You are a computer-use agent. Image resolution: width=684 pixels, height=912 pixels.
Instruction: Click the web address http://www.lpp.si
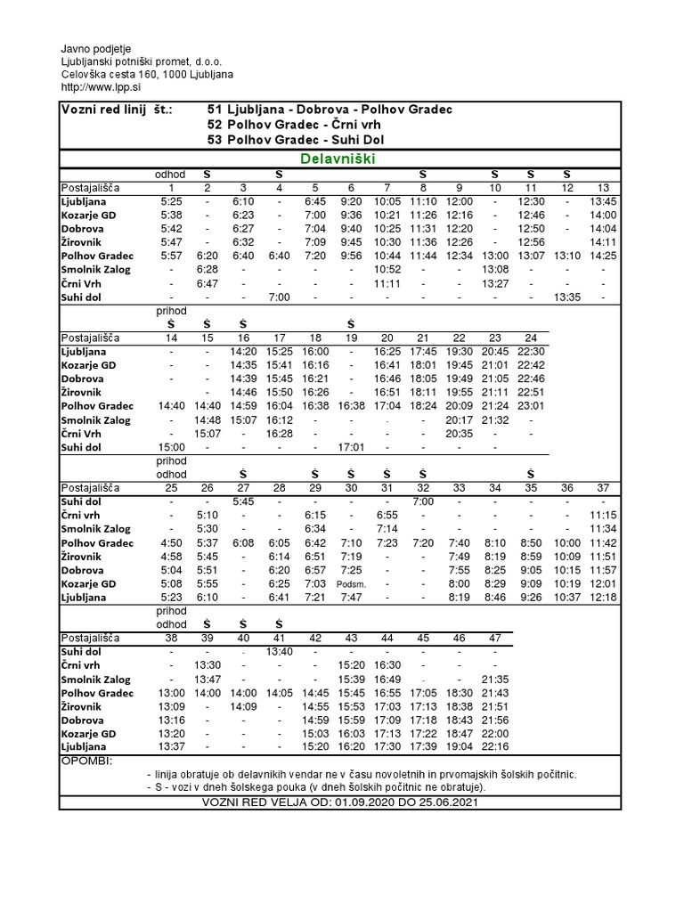pyautogui.click(x=100, y=86)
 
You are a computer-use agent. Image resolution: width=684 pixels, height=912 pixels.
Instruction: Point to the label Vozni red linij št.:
pyautogui.click(x=116, y=109)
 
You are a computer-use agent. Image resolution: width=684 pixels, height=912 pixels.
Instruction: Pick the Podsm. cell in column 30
pyautogui.click(x=351, y=583)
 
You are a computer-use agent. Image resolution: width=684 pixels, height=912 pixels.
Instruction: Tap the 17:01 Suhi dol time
pyautogui.click(x=351, y=447)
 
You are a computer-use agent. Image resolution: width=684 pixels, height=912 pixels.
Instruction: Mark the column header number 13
pyautogui.click(x=604, y=188)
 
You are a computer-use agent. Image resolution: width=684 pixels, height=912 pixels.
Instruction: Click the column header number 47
pyautogui.click(x=495, y=639)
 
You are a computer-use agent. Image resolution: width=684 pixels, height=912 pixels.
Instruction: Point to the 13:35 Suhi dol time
pyautogui.click(x=567, y=297)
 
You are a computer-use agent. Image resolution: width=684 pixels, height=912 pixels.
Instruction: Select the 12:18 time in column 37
pyautogui.click(x=604, y=597)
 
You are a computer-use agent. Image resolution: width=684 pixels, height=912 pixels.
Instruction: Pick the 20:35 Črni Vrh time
pyautogui.click(x=459, y=434)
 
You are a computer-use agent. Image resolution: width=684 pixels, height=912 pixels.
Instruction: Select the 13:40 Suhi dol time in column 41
pyautogui.click(x=279, y=652)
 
